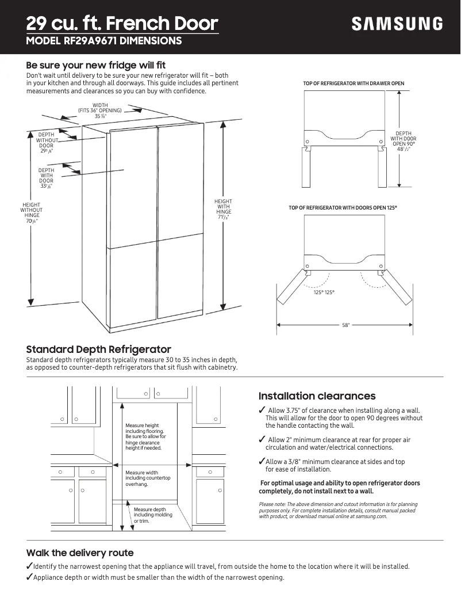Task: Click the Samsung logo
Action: point(397,24)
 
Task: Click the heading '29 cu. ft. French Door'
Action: point(122,24)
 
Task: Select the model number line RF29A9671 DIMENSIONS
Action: point(104,41)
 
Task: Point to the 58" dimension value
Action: point(345,325)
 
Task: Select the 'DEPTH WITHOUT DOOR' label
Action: point(46,143)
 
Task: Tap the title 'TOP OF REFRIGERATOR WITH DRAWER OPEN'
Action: point(354,84)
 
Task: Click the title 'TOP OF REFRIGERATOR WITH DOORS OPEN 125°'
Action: point(343,207)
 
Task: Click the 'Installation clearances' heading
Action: point(317,396)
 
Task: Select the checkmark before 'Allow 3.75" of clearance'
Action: point(262,410)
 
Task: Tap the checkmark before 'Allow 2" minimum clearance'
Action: point(262,440)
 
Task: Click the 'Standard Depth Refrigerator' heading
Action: point(98,349)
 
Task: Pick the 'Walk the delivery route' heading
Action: point(80,553)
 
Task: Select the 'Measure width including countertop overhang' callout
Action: point(148,478)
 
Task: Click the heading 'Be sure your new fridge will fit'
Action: point(96,65)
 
